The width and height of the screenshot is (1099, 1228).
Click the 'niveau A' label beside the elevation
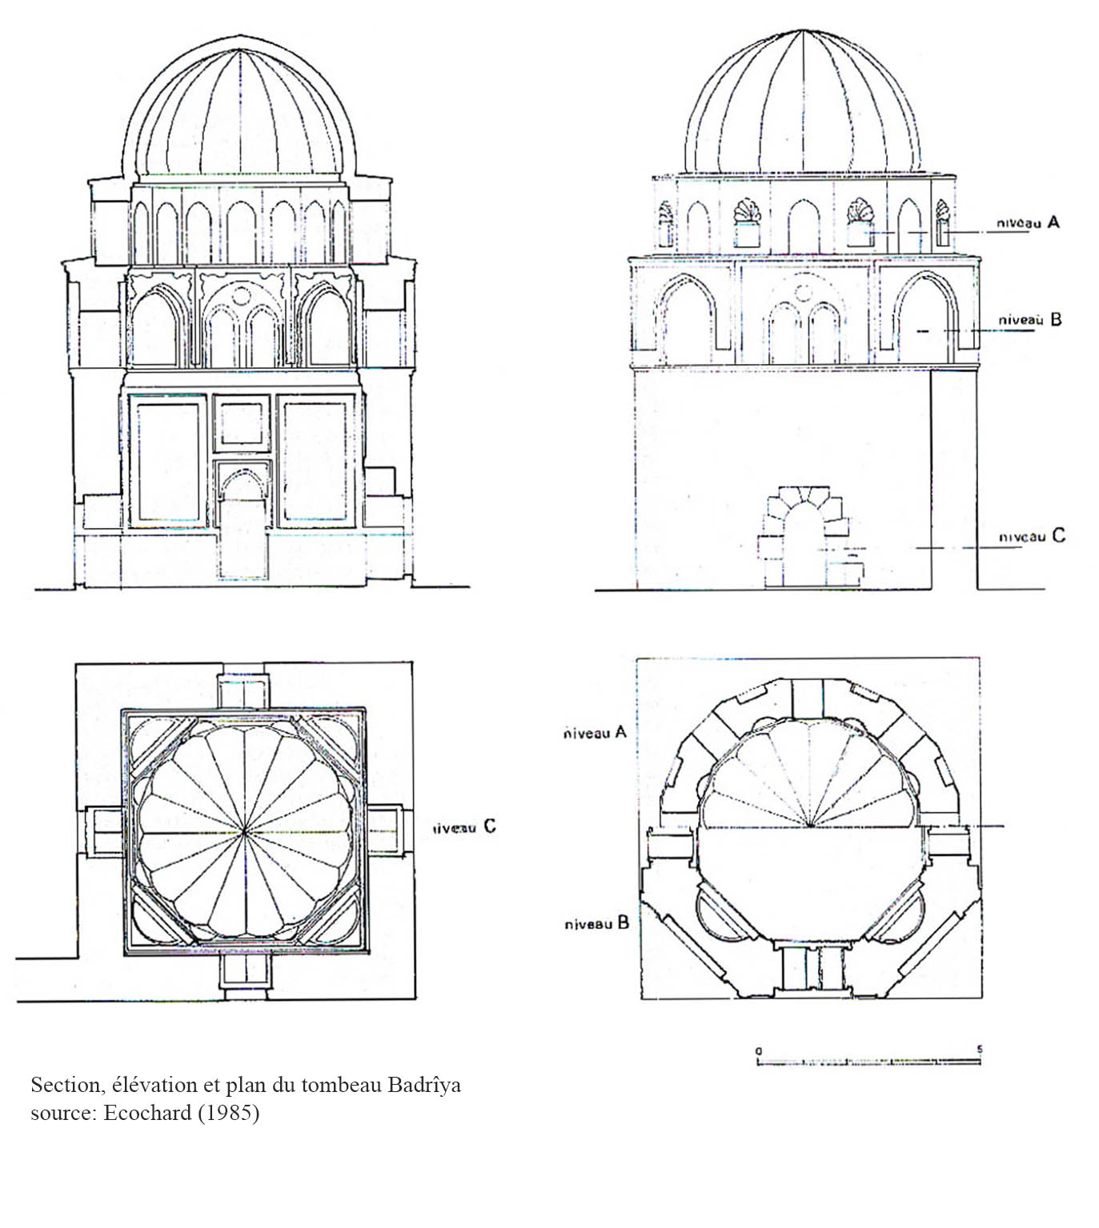click(1028, 222)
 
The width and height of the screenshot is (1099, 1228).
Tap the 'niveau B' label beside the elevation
click(1029, 319)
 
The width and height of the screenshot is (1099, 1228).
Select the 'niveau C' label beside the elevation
click(1032, 536)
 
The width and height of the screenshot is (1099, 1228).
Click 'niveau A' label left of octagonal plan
click(594, 732)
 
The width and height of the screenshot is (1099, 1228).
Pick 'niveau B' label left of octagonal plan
click(596, 923)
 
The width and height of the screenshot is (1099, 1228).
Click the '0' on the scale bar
click(759, 1050)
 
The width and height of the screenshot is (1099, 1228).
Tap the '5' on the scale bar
click(979, 1049)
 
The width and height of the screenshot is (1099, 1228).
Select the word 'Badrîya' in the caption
click(424, 1086)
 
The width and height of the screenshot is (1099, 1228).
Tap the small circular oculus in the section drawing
click(240, 296)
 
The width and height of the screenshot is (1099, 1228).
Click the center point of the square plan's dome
click(244, 832)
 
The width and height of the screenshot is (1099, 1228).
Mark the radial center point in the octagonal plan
click(812, 826)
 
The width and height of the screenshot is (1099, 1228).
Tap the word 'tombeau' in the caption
click(343, 1086)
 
